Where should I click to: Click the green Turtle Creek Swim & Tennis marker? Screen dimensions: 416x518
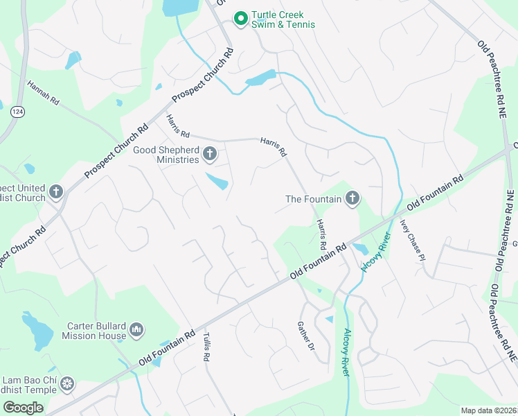coord(241,19)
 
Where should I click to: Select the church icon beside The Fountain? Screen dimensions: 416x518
coord(352,199)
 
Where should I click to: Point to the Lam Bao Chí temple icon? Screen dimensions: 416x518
coord(67,383)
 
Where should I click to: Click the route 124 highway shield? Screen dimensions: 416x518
coord(17,111)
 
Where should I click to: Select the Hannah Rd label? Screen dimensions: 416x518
coord(43,94)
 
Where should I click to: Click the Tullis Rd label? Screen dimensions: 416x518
coord(206,347)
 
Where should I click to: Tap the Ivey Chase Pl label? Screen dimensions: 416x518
coord(412,240)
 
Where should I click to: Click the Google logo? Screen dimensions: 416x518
coord(23,407)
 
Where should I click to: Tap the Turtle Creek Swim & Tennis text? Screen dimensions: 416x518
coord(283,19)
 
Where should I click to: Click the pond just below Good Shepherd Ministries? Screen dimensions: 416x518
coord(217,182)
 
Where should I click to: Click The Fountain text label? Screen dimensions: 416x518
coord(314,199)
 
